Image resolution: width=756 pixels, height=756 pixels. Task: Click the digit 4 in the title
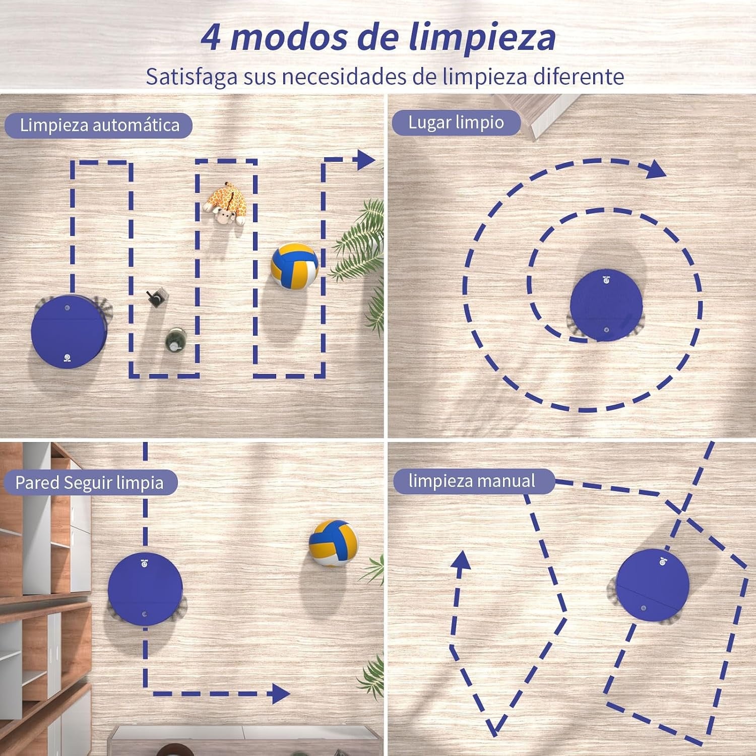tap(211, 37)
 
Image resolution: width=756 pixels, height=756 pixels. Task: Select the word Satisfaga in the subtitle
tap(192, 77)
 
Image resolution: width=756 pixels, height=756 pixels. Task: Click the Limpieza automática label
tap(99, 125)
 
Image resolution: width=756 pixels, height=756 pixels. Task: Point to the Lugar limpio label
tap(456, 122)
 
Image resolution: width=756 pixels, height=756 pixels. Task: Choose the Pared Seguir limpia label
tap(90, 483)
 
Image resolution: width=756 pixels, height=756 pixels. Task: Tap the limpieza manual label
tap(472, 481)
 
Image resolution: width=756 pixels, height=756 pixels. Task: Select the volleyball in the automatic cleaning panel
tap(295, 266)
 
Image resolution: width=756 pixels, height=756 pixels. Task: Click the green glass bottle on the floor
tap(174, 340)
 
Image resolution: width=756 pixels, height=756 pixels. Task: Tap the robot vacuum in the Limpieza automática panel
tap(70, 330)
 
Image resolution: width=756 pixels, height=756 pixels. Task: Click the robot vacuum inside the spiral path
tap(606, 306)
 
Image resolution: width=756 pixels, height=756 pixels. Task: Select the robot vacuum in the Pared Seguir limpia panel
tap(145, 589)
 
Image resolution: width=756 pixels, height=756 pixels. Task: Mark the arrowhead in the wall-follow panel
tap(281, 694)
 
